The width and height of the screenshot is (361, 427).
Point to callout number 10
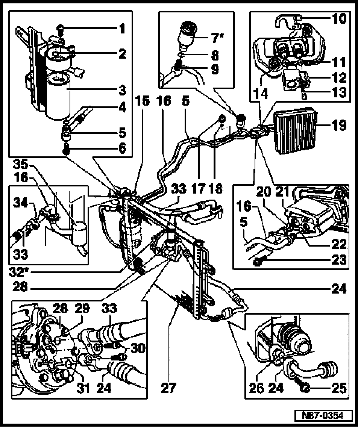pos(339,19)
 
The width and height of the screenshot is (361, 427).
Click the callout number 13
pos(339,93)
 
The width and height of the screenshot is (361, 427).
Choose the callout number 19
pos(339,125)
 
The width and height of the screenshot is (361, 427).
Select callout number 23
pos(338,260)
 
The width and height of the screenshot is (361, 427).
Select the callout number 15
pos(142,101)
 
